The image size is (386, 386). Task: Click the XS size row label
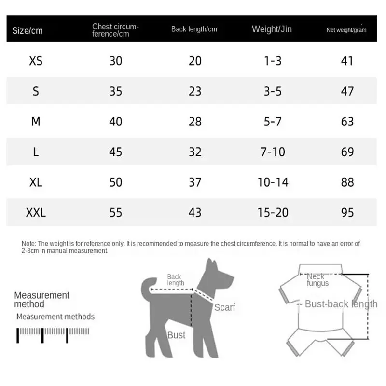(x=36, y=61)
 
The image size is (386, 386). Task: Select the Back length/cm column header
(x=194, y=29)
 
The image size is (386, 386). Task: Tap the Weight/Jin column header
(x=272, y=29)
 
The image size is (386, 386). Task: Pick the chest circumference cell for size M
(x=116, y=122)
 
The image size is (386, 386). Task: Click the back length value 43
(x=195, y=212)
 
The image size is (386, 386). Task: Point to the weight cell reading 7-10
(x=273, y=152)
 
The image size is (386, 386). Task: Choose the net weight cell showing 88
(x=347, y=182)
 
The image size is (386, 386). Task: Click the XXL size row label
(x=36, y=212)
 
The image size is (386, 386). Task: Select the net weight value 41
(x=347, y=61)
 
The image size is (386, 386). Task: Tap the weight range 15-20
(x=273, y=212)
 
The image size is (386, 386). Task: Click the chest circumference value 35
(x=116, y=91)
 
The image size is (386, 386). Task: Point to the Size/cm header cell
(x=28, y=30)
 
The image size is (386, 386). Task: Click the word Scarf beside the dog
(x=224, y=307)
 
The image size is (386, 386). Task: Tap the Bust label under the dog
(x=176, y=335)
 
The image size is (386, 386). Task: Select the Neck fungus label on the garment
(x=317, y=279)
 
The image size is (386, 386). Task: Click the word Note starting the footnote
(x=28, y=244)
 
